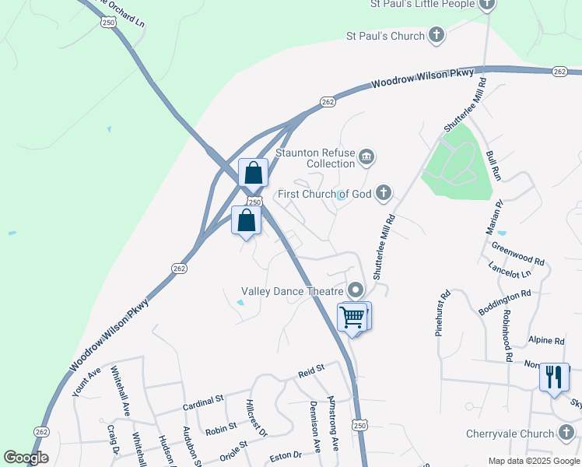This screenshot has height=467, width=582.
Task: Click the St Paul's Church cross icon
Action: (x=437, y=35)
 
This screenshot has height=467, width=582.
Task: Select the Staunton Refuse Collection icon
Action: (x=366, y=159)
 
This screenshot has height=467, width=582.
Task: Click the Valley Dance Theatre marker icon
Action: (x=356, y=291)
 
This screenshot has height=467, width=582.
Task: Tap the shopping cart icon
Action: (x=352, y=317)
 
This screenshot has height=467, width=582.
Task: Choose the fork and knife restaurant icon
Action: (x=553, y=377)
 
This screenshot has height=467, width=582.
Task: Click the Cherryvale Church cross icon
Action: (x=566, y=434)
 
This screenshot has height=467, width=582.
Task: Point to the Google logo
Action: (x=26, y=458)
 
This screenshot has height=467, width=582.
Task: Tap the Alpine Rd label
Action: (x=546, y=341)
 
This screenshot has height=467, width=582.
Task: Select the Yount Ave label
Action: (x=86, y=382)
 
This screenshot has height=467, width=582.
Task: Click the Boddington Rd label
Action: (x=504, y=302)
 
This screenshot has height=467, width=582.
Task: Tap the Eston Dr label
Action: (x=286, y=455)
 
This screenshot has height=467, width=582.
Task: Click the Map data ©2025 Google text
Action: (x=533, y=461)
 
